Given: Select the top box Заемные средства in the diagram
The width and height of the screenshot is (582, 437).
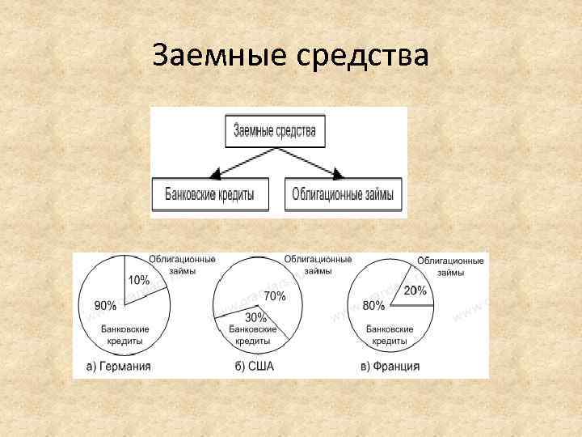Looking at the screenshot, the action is [274, 130].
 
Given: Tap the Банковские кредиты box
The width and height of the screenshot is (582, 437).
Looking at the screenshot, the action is [209, 195].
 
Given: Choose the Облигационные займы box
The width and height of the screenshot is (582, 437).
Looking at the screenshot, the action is [344, 195].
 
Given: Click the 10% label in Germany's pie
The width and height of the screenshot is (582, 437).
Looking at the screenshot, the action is [137, 281].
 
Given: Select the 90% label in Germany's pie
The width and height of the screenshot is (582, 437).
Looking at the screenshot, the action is [105, 306].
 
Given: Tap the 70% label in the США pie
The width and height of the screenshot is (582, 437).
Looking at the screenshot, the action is [274, 296].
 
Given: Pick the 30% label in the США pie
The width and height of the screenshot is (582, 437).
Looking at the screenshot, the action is [255, 317].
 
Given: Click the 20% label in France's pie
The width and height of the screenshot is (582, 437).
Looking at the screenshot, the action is [415, 291].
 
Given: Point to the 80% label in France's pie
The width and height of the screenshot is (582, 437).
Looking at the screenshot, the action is [373, 306].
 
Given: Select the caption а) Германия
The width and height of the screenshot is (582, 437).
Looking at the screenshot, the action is [118, 367].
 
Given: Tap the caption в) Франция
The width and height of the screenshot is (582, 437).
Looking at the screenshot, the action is [390, 367].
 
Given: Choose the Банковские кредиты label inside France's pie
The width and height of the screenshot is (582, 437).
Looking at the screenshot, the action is [390, 335].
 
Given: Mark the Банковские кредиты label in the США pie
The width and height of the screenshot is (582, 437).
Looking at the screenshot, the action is [253, 335].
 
